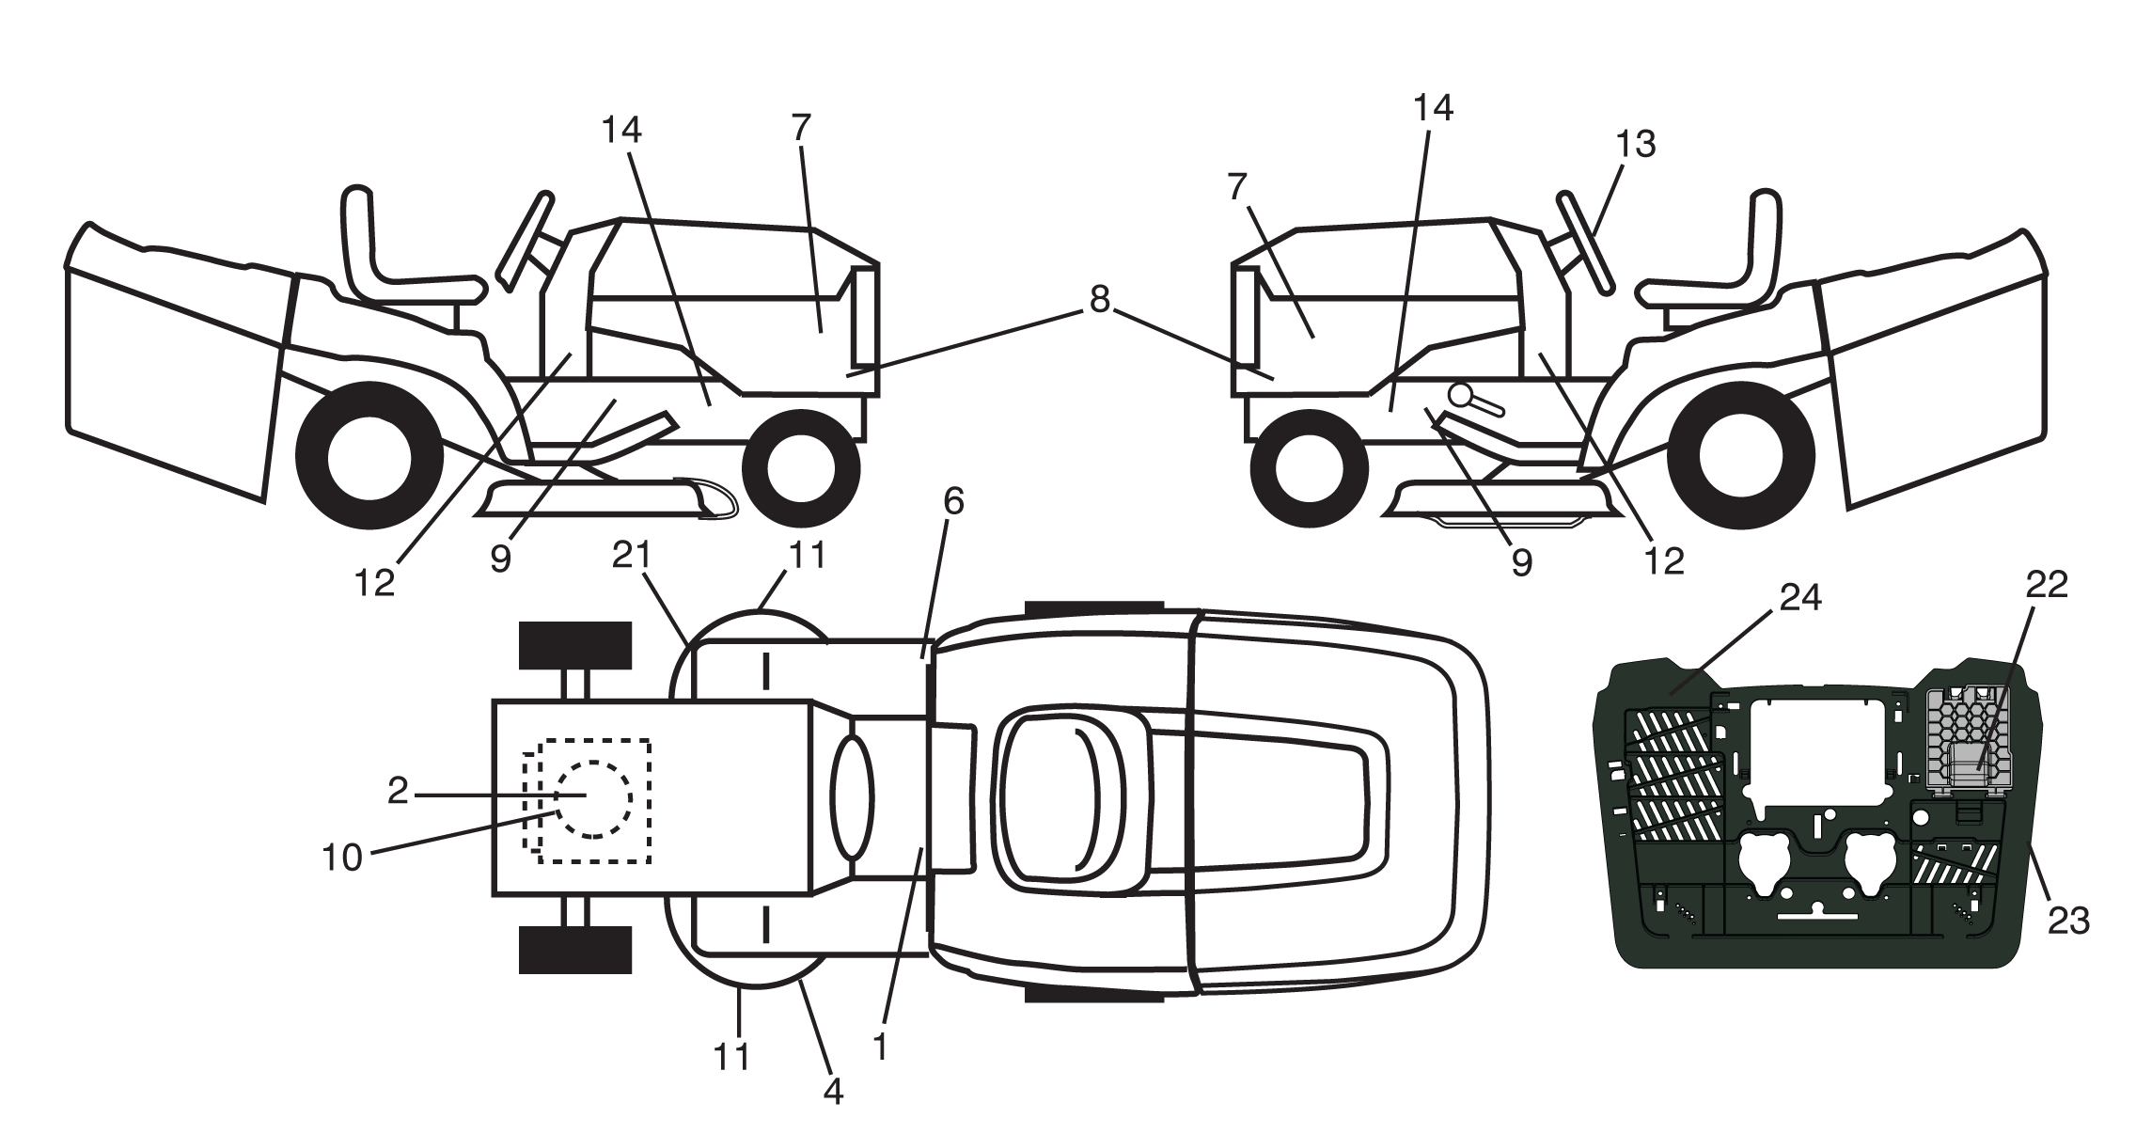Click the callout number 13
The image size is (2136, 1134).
1636,144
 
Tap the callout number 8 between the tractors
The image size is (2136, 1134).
1099,299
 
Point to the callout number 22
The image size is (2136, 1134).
2047,585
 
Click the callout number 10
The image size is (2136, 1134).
342,858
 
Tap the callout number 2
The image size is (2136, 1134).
398,792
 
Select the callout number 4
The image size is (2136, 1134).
832,1091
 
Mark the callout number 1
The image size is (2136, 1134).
880,1047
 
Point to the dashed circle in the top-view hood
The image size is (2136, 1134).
593,798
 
